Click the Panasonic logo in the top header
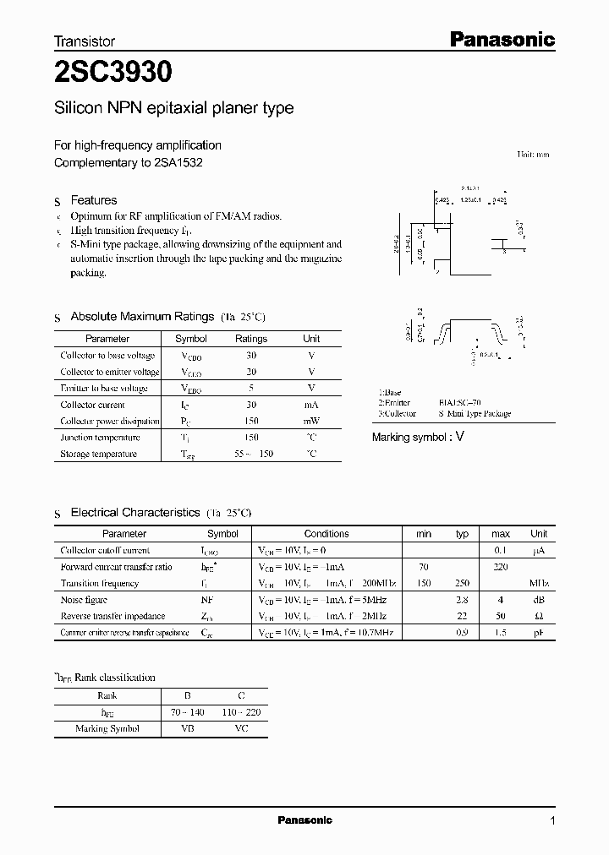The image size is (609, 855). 501,39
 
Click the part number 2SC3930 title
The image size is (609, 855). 113,74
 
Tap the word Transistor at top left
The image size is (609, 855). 85,41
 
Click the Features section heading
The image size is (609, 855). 94,200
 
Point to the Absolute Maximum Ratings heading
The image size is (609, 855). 142,316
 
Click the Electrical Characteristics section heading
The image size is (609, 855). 135,513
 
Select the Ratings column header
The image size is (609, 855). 250,339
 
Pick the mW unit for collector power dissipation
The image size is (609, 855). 311,422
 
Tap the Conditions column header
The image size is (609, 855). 326,534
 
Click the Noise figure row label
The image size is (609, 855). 85,600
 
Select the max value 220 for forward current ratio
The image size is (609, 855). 500,567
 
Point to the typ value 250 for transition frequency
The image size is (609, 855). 462,584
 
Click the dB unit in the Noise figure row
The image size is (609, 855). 539,600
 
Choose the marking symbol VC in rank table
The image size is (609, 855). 241,728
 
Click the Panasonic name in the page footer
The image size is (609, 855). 305,820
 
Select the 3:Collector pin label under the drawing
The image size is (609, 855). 398,414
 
